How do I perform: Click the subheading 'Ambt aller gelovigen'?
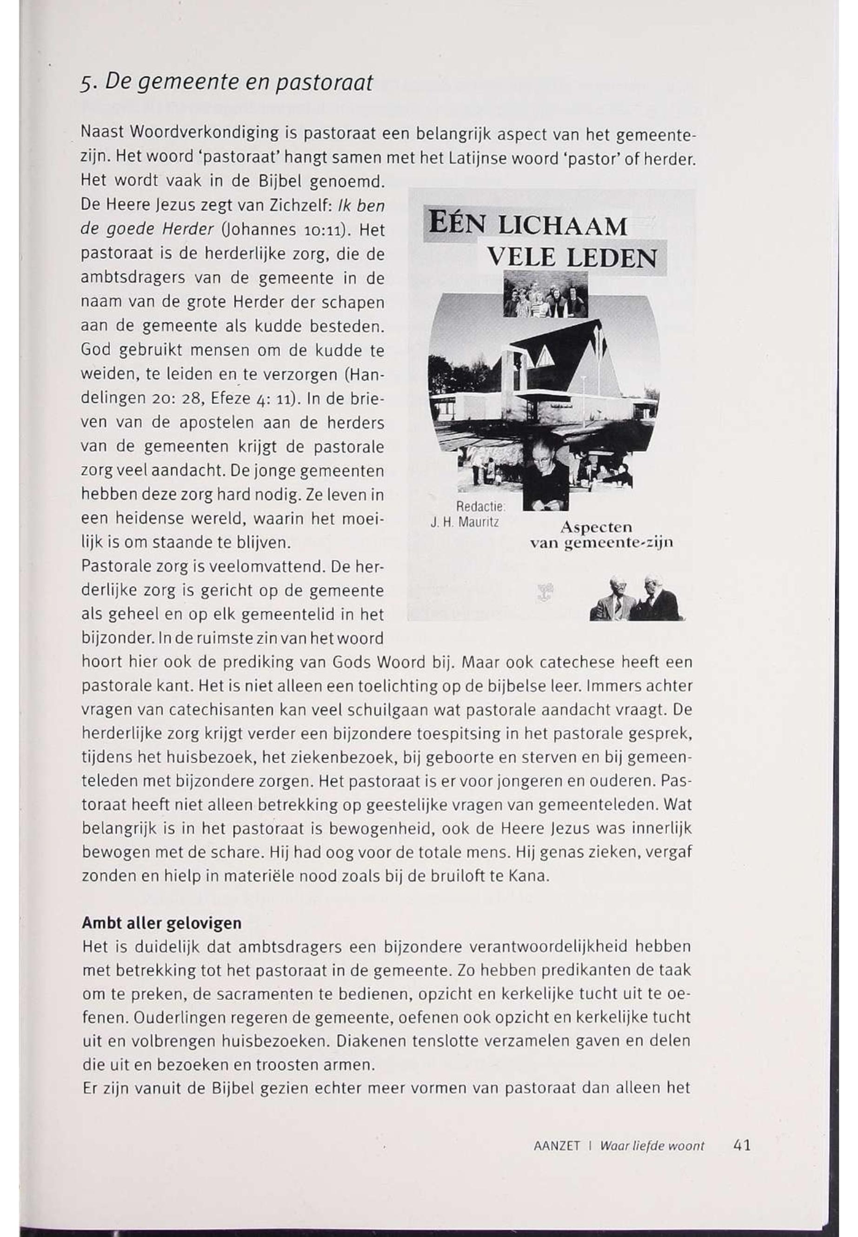(161, 923)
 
